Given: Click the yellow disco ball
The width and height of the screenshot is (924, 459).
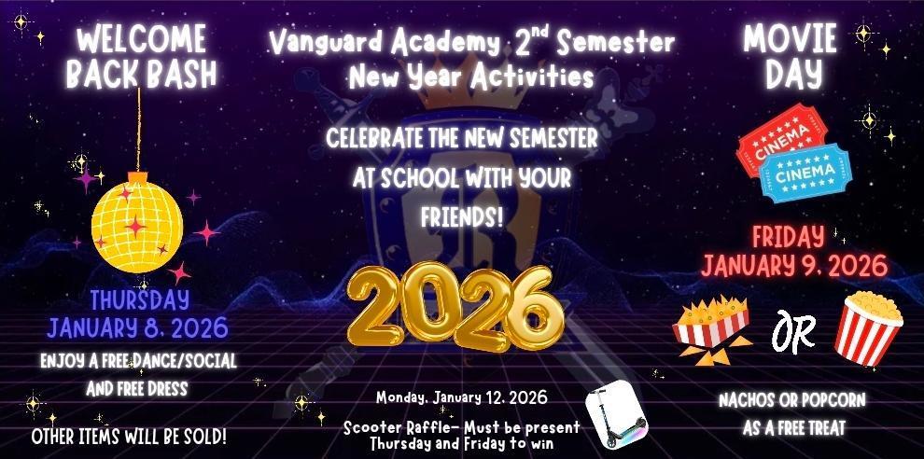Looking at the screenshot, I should coord(137,222).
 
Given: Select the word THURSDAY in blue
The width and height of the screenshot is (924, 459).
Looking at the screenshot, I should coord(139,300).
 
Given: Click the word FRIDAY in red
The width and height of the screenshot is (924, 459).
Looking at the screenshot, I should coord(788,236).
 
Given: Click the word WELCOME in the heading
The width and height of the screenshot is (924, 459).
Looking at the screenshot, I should coord(141,40).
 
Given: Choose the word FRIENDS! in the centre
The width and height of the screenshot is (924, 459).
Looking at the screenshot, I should coord(462,217).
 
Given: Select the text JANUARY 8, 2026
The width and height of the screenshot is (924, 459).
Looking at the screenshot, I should coord(138,328).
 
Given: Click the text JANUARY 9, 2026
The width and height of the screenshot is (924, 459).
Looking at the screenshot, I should coord(794,266).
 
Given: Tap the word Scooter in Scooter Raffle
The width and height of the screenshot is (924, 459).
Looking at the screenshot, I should coord(371,427).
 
